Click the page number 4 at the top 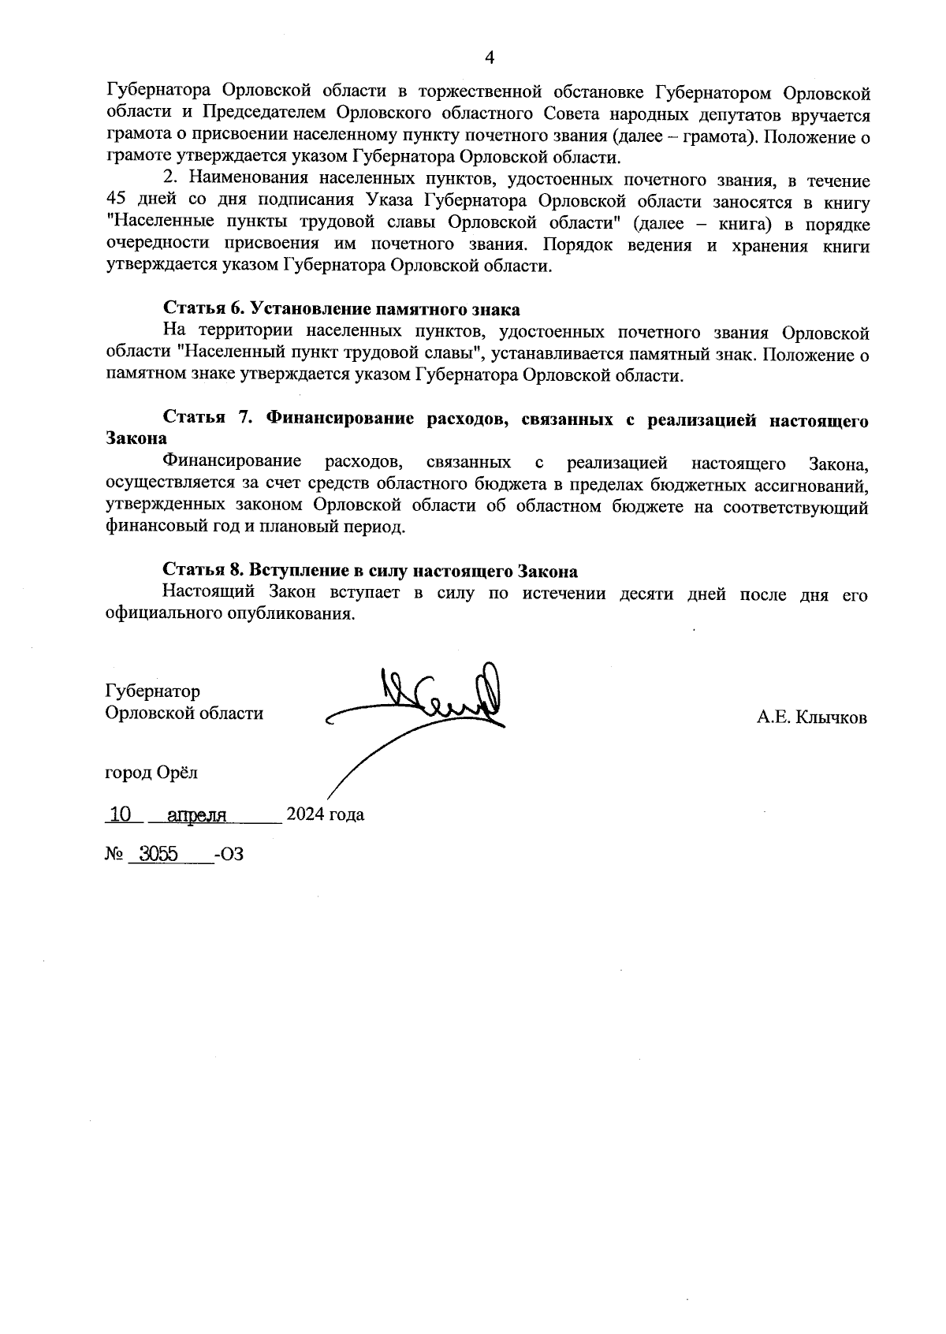tap(489, 58)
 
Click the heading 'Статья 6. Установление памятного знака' tap(341, 309)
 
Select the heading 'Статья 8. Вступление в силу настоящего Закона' tap(370, 571)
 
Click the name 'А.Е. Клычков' tap(812, 717)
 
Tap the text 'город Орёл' tap(151, 773)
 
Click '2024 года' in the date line tap(325, 814)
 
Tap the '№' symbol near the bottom tap(115, 854)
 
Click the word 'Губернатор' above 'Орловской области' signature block tap(152, 691)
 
